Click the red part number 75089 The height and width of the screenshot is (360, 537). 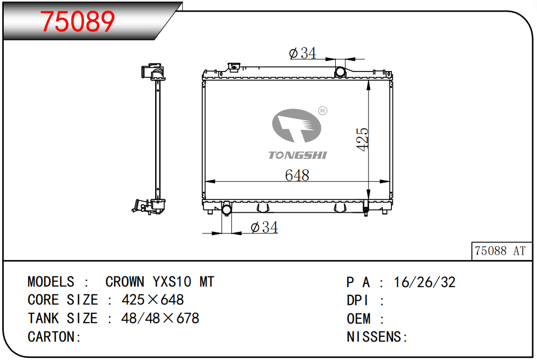[x=78, y=22]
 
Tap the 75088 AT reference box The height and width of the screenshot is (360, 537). [x=502, y=251]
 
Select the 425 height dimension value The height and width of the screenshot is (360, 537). [x=362, y=139]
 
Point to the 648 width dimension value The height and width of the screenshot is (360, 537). [x=297, y=175]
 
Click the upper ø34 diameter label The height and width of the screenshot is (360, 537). [x=303, y=53]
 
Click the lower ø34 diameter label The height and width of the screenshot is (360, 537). [x=264, y=227]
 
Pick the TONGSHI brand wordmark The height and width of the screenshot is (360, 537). [x=297, y=155]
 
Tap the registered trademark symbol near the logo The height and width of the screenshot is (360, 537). [x=323, y=111]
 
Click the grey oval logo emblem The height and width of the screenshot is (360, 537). [x=297, y=125]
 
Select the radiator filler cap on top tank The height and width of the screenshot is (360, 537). [x=234, y=67]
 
